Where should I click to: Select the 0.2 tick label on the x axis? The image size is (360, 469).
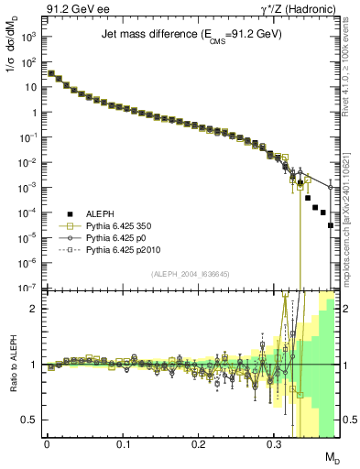pos(199,443)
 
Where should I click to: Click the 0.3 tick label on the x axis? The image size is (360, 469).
pos(274,443)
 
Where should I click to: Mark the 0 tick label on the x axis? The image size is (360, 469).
pos(47,443)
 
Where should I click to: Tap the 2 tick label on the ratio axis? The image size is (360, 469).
pos(36,308)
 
